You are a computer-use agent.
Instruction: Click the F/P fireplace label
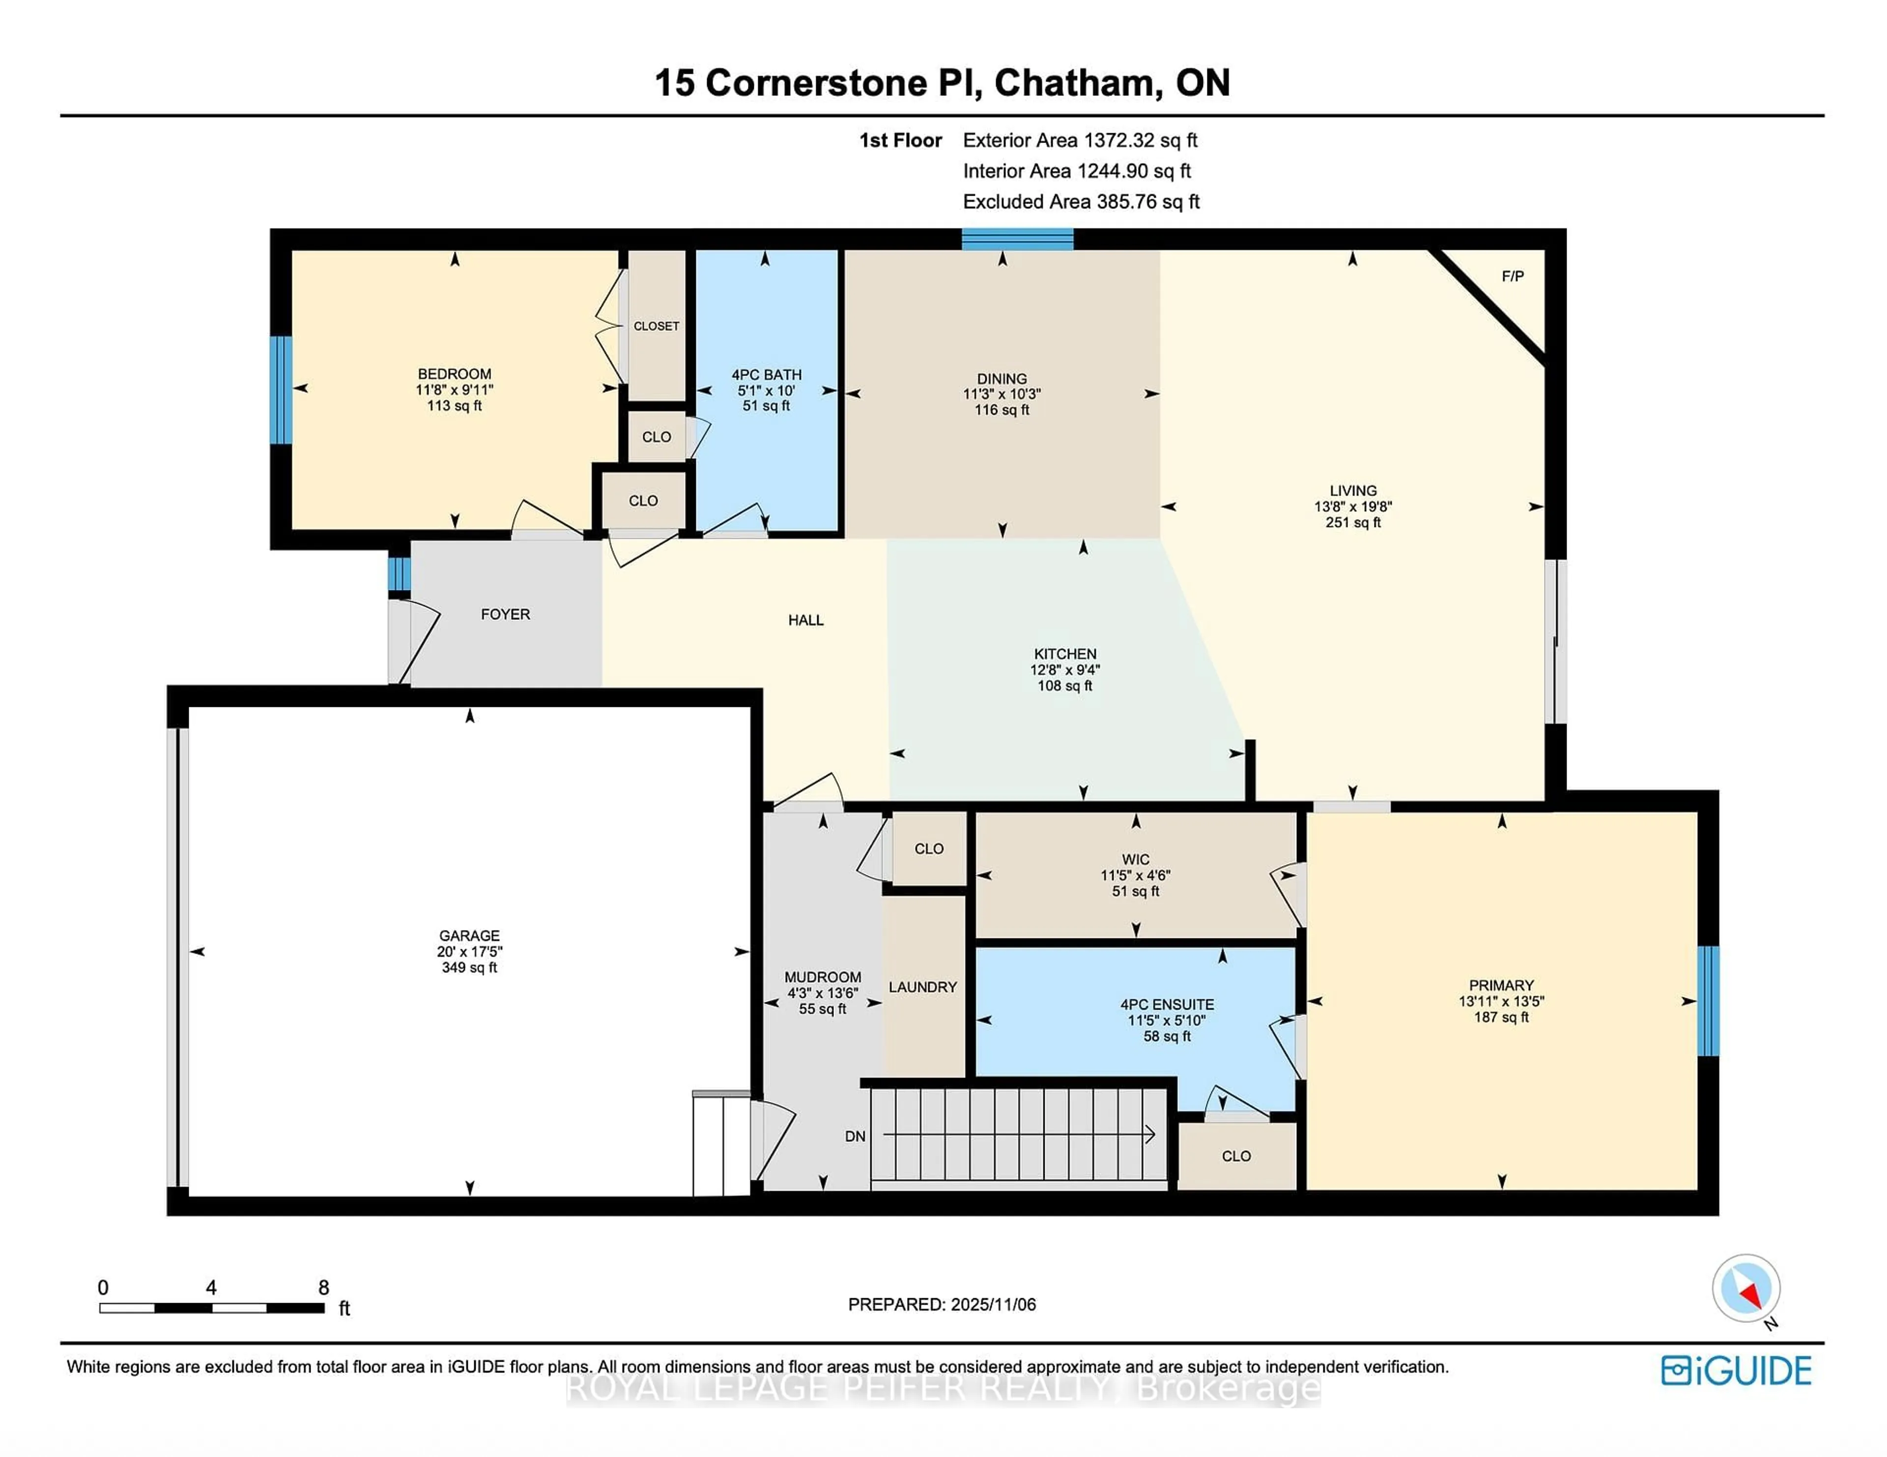click(x=1512, y=277)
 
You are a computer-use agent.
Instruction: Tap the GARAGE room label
click(x=469, y=935)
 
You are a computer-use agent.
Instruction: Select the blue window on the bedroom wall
click(x=281, y=390)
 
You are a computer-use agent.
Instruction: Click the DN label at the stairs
click(x=855, y=1136)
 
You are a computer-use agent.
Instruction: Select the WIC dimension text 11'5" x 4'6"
click(x=1135, y=875)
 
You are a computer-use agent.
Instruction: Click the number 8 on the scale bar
click(x=323, y=1287)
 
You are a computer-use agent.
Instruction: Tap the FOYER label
click(x=506, y=614)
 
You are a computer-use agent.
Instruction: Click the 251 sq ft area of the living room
click(x=1352, y=523)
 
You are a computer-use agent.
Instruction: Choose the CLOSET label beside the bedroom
click(x=656, y=326)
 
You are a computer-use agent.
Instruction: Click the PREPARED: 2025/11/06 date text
click(x=941, y=1304)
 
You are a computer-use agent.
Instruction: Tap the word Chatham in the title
click(x=1073, y=83)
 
